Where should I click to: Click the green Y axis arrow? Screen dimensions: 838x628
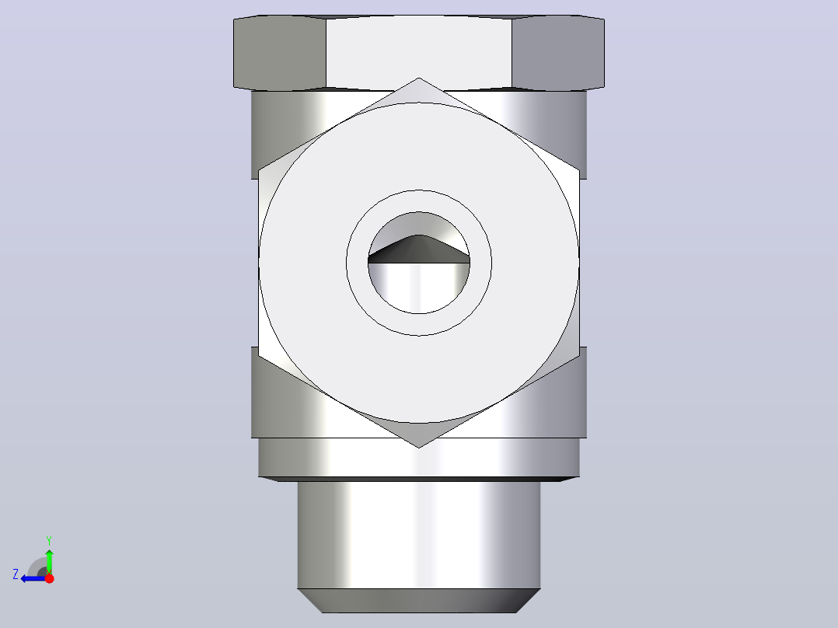[x=49, y=561]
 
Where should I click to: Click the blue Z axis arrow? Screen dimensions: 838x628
[x=33, y=578]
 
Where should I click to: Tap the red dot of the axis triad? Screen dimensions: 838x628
[x=49, y=578]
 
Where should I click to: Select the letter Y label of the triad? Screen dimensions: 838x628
[x=49, y=540]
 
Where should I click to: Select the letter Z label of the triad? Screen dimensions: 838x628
[x=16, y=574]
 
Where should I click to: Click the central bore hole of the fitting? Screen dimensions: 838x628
[x=419, y=263]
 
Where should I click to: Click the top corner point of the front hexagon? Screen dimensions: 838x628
[x=419, y=78]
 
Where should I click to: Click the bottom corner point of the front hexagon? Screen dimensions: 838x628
[x=419, y=448]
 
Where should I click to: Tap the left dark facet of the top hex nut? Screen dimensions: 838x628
[x=280, y=52]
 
